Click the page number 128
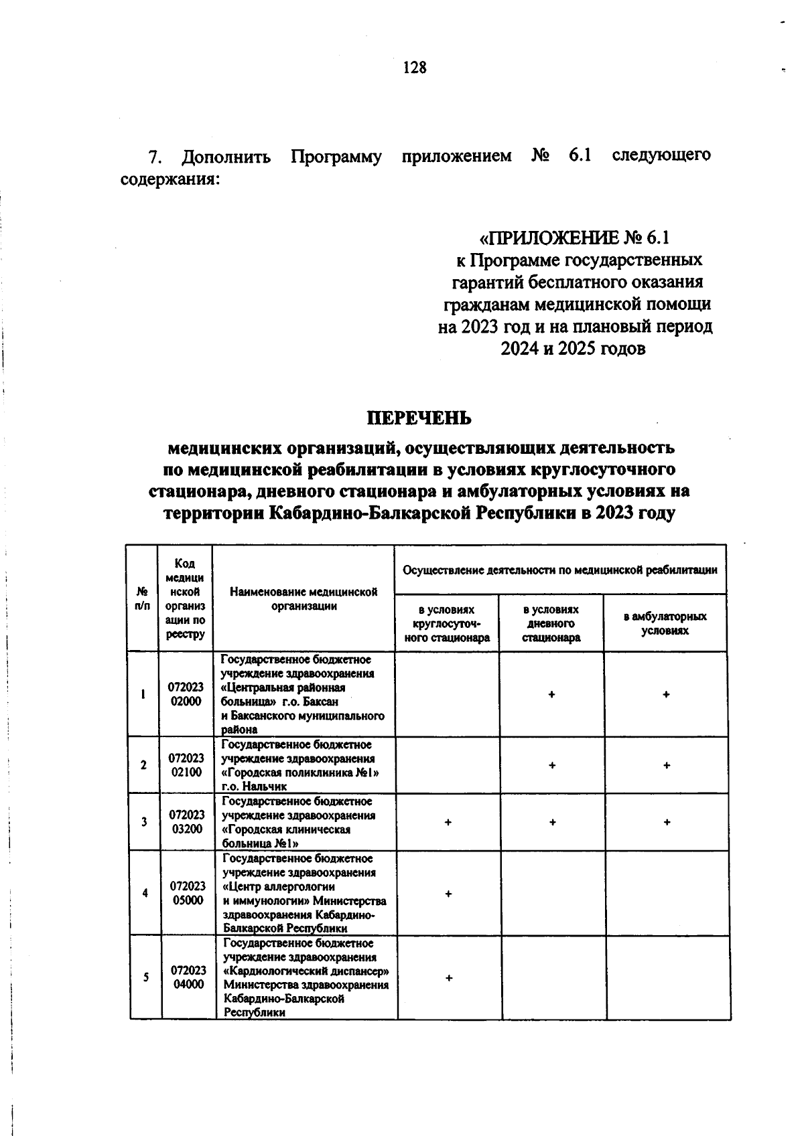pyautogui.click(x=415, y=68)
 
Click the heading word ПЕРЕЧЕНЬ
pyautogui.click(x=419, y=418)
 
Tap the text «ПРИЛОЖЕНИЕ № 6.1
pyautogui.click(x=575, y=238)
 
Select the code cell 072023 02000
pyautogui.click(x=186, y=695)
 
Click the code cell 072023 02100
pyautogui.click(x=186, y=765)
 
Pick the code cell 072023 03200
pyautogui.click(x=186, y=822)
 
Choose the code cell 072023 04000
pyautogui.click(x=188, y=977)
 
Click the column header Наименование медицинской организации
pyautogui.click(x=304, y=598)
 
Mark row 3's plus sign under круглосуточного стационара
pyautogui.click(x=448, y=822)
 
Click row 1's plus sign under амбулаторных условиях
pyautogui.click(x=666, y=695)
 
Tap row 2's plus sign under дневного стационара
pyautogui.click(x=551, y=765)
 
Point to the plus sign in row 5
pyautogui.click(x=449, y=978)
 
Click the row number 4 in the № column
pyautogui.click(x=145, y=893)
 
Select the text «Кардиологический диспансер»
pyautogui.click(x=307, y=971)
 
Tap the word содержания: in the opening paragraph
pyautogui.click(x=169, y=180)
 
